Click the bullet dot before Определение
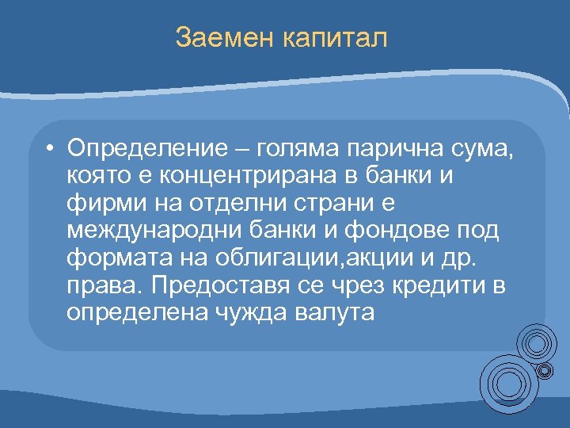(49, 148)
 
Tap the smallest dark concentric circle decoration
(545, 370)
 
